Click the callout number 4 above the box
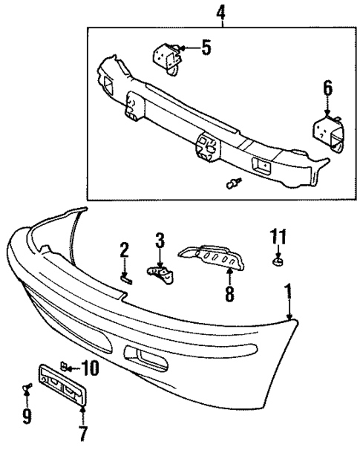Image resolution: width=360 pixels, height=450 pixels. point(220,13)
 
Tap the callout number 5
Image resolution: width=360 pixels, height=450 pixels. point(206,49)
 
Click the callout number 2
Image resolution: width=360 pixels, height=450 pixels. point(125,251)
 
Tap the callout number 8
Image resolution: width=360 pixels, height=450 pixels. point(229,295)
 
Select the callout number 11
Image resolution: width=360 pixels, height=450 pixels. point(277,237)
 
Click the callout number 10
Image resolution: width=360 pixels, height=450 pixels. point(90,366)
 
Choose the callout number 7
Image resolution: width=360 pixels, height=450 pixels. point(83,431)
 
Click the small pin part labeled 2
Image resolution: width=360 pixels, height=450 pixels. point(126,278)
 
